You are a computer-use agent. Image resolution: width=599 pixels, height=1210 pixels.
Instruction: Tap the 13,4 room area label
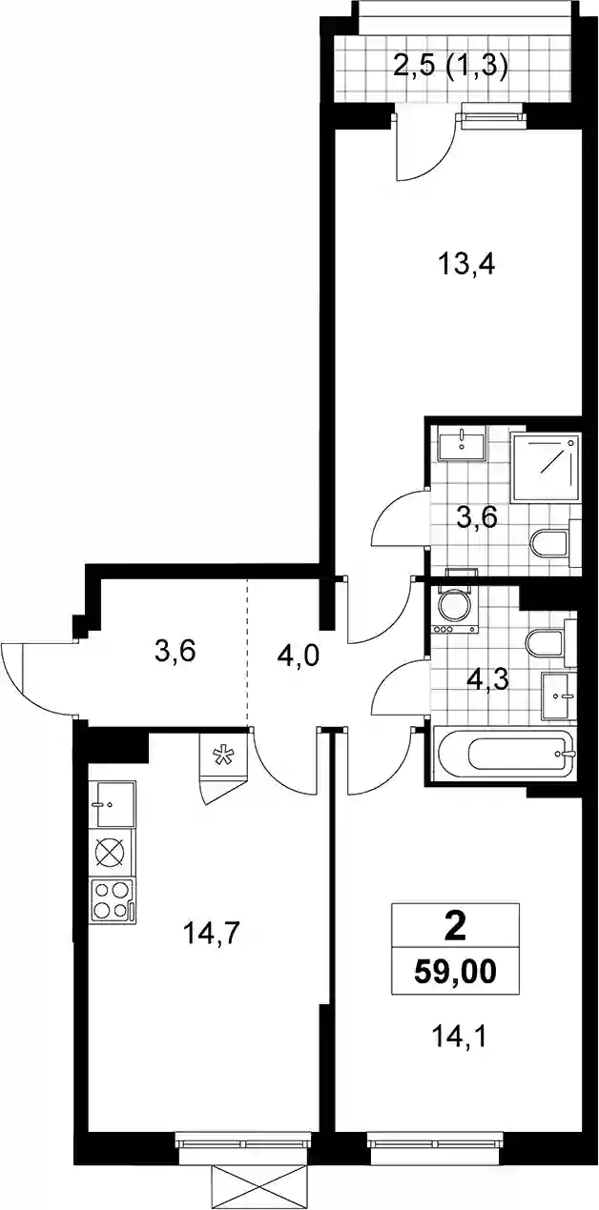pos(468,265)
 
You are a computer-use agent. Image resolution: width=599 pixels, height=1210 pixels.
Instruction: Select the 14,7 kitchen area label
pos(212,934)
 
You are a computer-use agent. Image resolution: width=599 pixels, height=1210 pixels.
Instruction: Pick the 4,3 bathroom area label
pos(487,680)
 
